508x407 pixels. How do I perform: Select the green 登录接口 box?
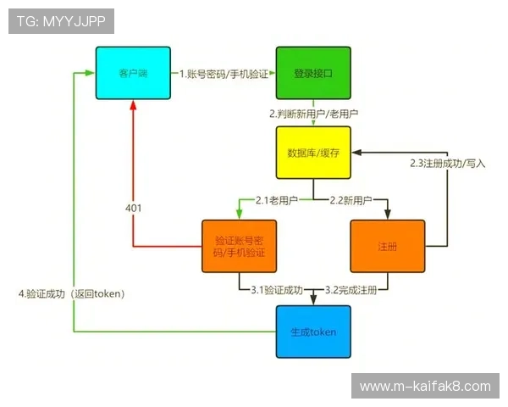click(312, 74)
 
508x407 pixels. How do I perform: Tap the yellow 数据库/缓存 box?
click(312, 153)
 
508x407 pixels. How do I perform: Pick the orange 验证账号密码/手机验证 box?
click(240, 246)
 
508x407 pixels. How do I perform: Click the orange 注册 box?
click(387, 246)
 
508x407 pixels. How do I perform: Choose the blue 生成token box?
click(312, 331)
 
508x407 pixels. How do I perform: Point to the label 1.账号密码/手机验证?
click(224, 74)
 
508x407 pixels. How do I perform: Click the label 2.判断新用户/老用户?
click(312, 114)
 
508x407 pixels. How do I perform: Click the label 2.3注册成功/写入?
click(447, 163)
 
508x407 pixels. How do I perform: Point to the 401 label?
click(133, 208)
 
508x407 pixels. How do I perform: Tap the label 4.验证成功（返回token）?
click(72, 294)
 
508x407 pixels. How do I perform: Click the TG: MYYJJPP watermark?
click(61, 21)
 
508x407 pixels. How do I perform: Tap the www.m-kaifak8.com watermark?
click(425, 387)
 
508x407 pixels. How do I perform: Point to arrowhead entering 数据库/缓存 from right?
click(357, 153)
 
